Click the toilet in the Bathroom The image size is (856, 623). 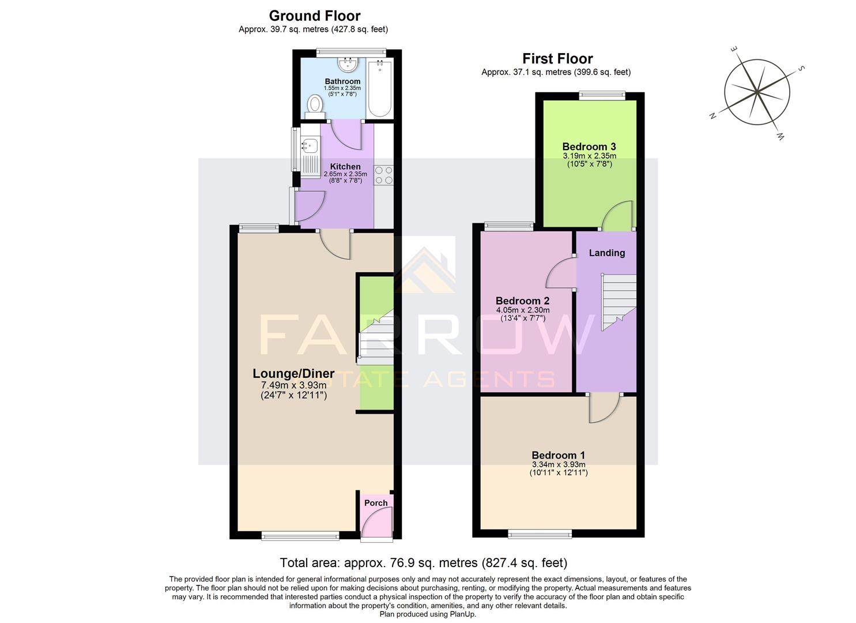coord(315,106)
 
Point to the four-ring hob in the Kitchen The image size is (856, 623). coord(384,175)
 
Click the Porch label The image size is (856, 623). coord(376,503)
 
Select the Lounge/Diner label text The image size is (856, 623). coord(293,374)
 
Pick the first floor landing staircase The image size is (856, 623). coord(619,301)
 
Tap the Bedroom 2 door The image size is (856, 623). coord(561,273)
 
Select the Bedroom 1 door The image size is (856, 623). coord(604,408)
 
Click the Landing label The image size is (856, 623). coord(606,253)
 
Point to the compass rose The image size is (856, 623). coord(756,92)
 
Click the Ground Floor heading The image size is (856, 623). coord(314,16)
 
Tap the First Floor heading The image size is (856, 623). coord(557,58)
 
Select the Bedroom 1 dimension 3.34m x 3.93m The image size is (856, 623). coord(558,464)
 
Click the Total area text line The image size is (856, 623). coord(423,562)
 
